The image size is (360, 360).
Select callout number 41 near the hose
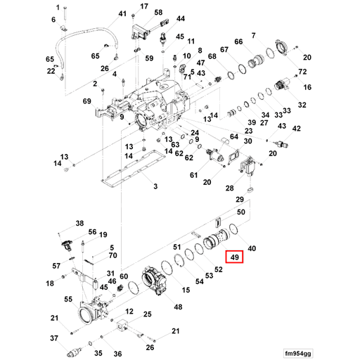(122, 14)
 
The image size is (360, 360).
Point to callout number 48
(178, 307)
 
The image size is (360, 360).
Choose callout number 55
(68, 299)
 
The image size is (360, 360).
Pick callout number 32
(303, 105)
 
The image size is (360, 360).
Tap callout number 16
(307, 87)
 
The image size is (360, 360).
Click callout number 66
(238, 43)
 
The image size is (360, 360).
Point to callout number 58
(158, 13)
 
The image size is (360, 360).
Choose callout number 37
(53, 339)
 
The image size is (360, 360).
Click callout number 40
(252, 247)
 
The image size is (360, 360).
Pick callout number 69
(87, 103)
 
